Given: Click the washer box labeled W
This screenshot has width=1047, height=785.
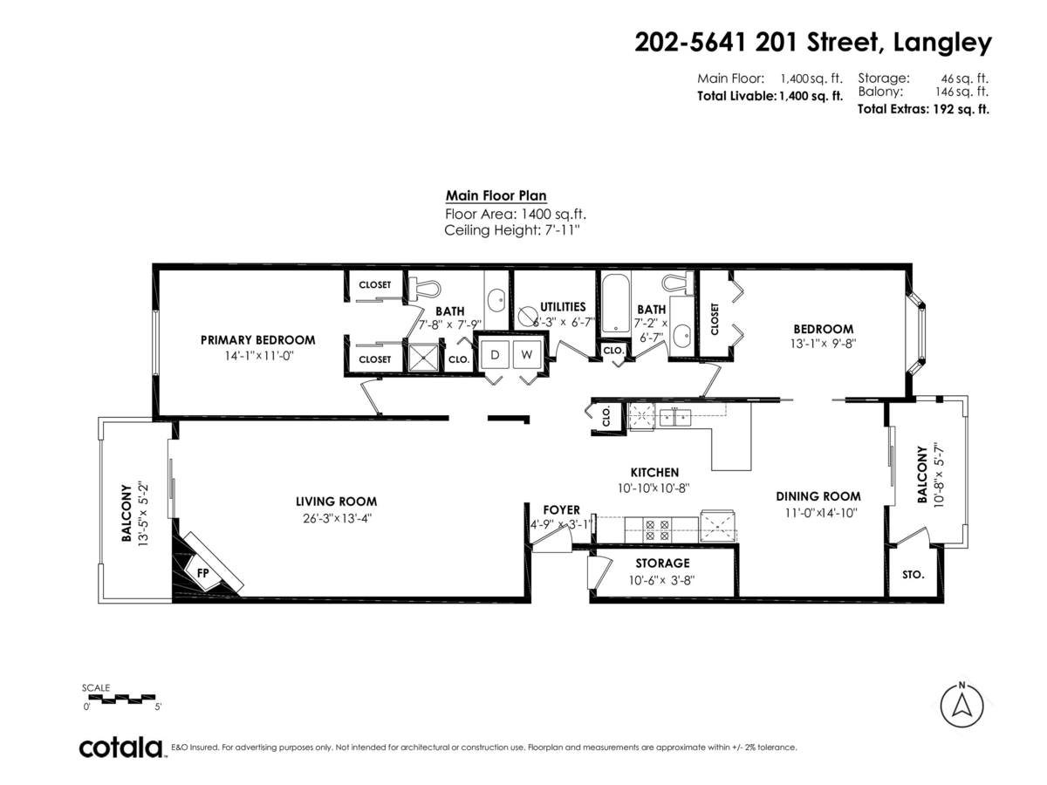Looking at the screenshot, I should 526,355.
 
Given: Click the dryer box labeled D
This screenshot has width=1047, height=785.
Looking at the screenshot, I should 495,355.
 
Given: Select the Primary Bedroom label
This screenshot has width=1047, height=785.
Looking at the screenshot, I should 257,340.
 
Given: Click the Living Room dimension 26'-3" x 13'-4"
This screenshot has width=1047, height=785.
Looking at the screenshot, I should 336,517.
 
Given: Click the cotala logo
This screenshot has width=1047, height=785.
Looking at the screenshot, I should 121,747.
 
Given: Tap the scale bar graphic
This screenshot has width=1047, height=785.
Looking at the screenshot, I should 120,698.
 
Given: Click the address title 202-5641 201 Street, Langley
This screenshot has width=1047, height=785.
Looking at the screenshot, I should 812,42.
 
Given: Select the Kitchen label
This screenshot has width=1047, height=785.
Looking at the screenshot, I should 654,473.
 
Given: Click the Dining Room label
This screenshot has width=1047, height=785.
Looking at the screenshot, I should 818,496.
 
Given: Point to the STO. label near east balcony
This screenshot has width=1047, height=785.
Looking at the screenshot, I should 913,576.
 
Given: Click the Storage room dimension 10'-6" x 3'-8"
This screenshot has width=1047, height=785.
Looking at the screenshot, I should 662,579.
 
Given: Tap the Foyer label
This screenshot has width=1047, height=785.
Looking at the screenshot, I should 561,509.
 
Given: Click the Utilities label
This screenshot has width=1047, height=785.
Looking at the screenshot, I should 562,307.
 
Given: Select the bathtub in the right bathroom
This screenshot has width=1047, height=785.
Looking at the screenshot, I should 615,303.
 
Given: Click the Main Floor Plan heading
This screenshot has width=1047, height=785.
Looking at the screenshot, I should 496,196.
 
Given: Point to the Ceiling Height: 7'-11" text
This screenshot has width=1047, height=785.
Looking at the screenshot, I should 512,230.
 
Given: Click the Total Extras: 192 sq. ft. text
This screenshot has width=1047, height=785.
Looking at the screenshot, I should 922,109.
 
